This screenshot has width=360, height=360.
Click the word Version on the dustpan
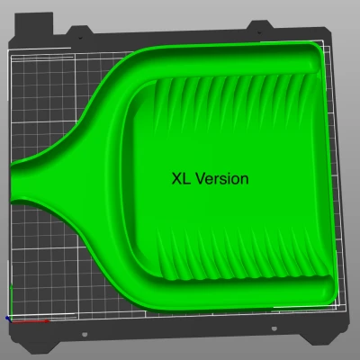222,179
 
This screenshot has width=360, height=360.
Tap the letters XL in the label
181,179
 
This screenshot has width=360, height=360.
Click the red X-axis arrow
30,321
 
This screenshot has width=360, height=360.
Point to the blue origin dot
7,318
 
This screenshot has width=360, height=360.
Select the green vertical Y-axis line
11,301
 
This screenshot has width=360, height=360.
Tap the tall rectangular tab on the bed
34,23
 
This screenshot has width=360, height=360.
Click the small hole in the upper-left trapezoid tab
80,38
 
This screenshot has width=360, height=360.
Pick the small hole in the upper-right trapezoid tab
259,32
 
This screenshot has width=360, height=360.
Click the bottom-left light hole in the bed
85,334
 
